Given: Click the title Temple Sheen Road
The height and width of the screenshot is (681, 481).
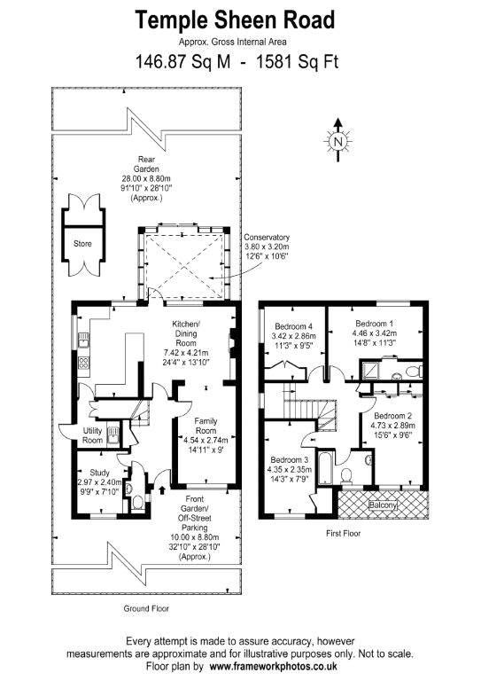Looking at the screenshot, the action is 235,20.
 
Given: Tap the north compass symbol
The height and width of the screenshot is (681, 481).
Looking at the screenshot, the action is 337,140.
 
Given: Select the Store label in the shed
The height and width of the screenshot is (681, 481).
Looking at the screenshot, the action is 82,244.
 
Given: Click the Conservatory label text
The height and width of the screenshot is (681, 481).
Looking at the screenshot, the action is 267,237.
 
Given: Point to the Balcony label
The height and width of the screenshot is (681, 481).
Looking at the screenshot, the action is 383,505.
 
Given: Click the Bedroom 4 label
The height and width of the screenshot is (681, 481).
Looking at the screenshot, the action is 293,326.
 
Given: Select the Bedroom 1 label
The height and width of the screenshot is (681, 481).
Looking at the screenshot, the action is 375,324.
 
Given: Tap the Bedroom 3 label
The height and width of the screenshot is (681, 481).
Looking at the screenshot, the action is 290,460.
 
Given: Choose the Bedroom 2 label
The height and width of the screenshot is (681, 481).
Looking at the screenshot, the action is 393,416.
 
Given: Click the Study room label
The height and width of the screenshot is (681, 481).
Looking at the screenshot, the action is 100,473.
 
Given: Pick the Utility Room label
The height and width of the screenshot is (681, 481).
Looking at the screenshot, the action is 92,435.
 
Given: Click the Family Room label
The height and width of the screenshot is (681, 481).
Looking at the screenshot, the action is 206,426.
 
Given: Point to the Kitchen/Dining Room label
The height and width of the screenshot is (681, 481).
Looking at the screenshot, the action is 186,333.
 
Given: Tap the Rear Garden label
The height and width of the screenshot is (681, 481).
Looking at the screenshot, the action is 146,164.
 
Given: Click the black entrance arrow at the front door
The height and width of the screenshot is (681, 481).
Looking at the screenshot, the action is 163,489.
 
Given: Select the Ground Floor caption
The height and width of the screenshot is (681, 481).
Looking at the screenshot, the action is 146,608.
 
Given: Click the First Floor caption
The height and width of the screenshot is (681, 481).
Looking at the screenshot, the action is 343,533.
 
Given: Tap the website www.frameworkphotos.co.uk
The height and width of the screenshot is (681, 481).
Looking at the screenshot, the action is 273,666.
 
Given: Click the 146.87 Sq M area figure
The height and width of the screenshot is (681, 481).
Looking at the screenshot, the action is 183,62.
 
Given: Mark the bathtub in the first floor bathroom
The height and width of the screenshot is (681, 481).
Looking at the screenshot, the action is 324,468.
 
